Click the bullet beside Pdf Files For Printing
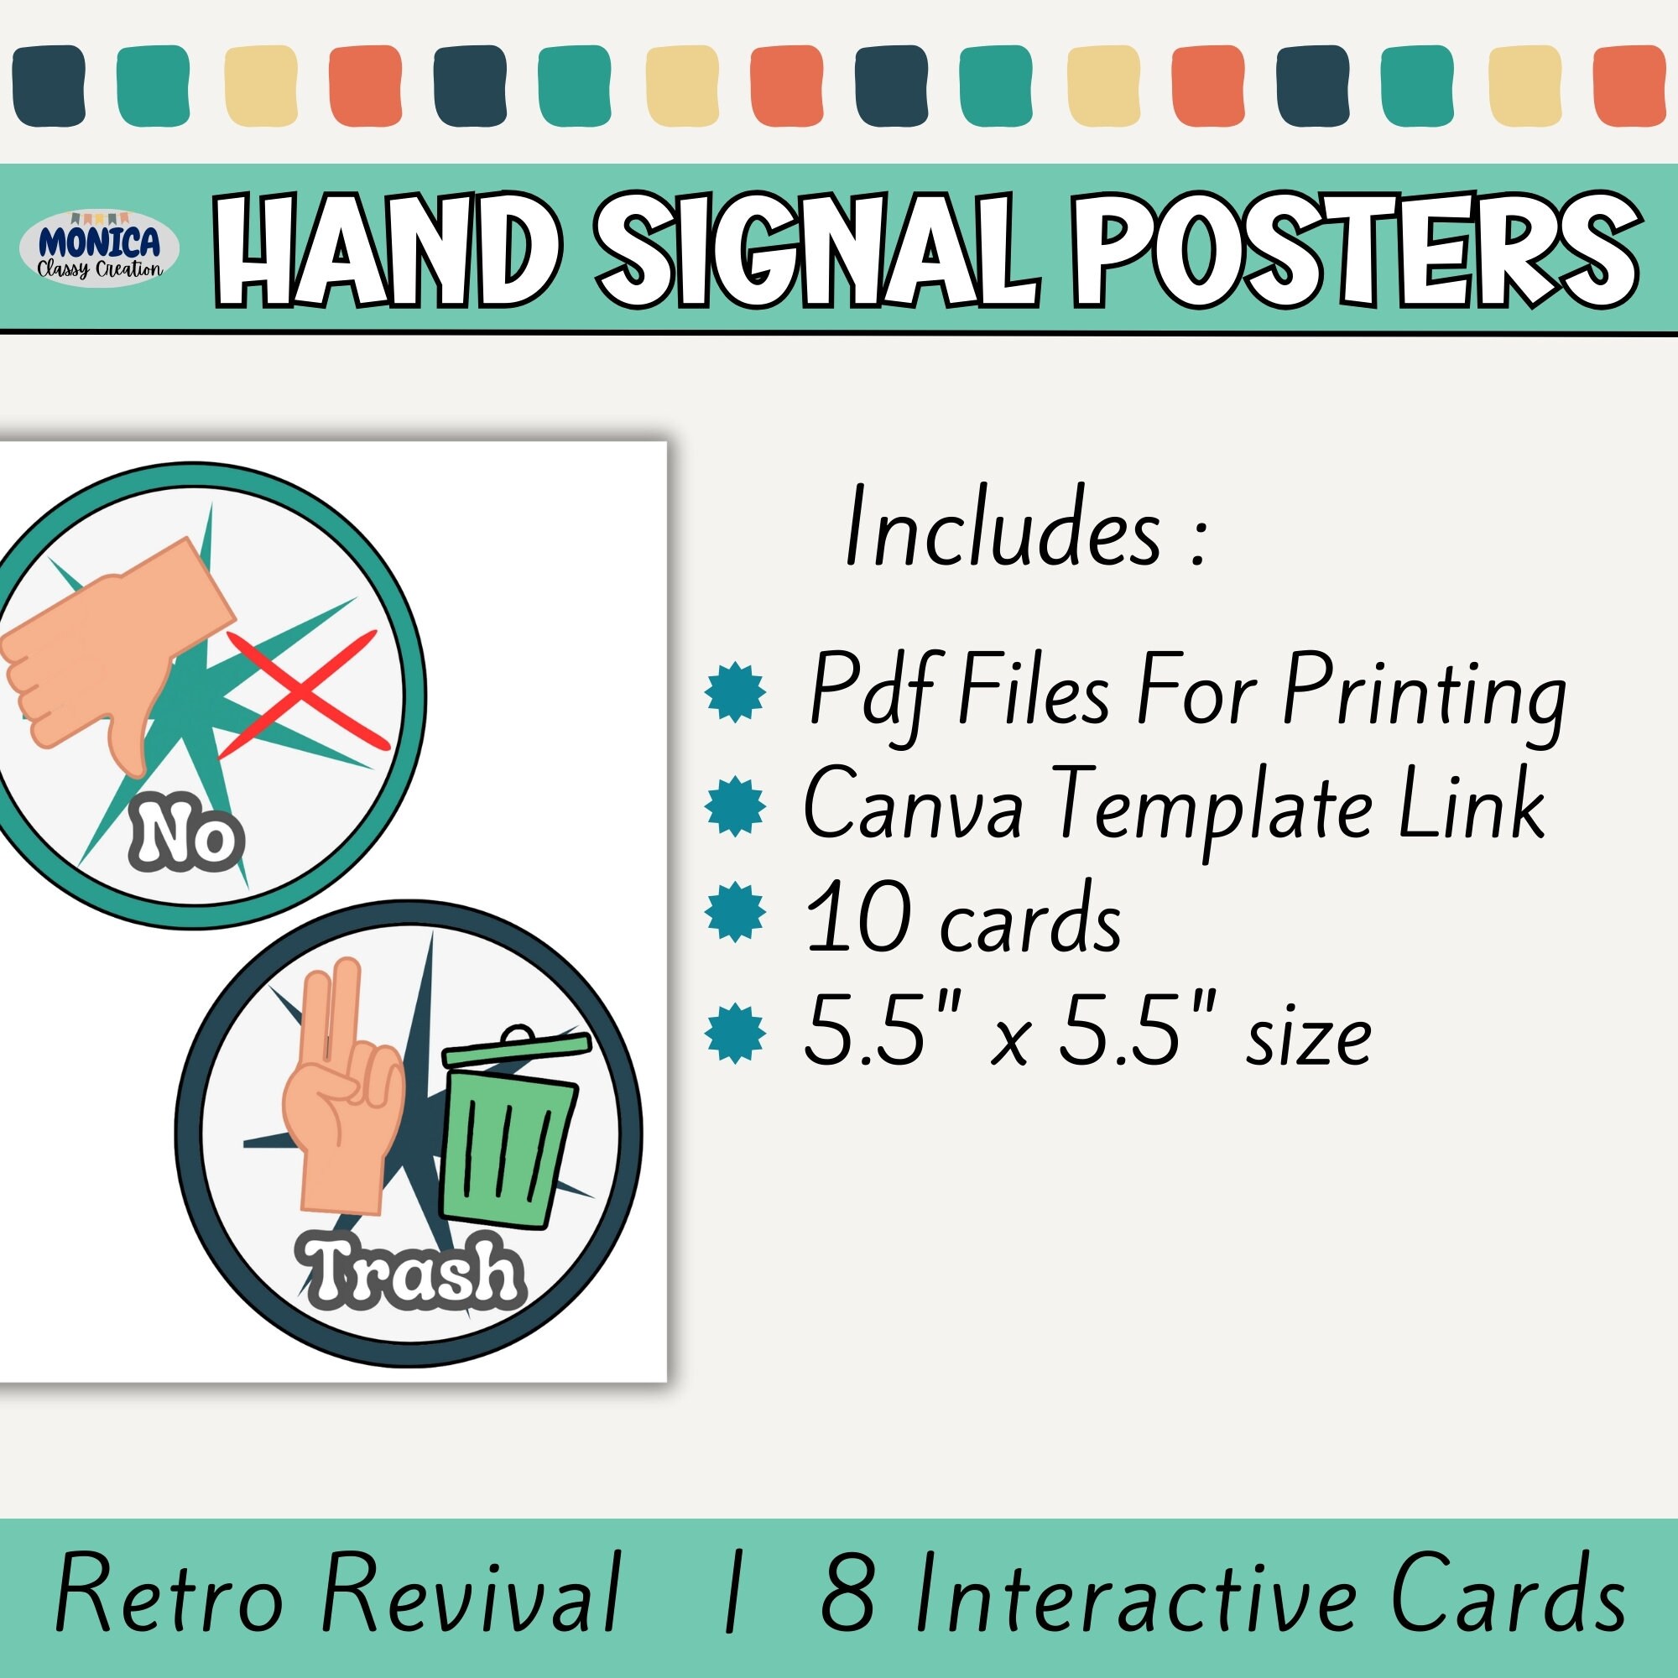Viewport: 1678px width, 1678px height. click(x=736, y=691)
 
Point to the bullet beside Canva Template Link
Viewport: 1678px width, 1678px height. click(x=736, y=806)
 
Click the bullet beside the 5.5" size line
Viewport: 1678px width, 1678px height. click(x=736, y=1033)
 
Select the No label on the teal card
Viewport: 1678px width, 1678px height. click(x=187, y=838)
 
